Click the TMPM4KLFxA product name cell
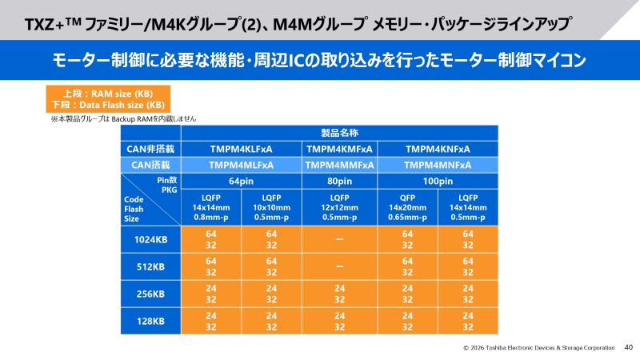(241, 149)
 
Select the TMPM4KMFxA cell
(339, 149)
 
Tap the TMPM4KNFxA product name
(438, 149)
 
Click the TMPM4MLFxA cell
(241, 165)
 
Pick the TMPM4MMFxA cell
(339, 165)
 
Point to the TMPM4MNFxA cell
(438, 165)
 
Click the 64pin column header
(241, 181)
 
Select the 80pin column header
(339, 181)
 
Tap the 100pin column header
(438, 181)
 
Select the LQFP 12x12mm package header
(339, 206)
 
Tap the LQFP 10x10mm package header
(271, 206)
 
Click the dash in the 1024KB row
(339, 239)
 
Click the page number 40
(628, 348)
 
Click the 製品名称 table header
(339, 133)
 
